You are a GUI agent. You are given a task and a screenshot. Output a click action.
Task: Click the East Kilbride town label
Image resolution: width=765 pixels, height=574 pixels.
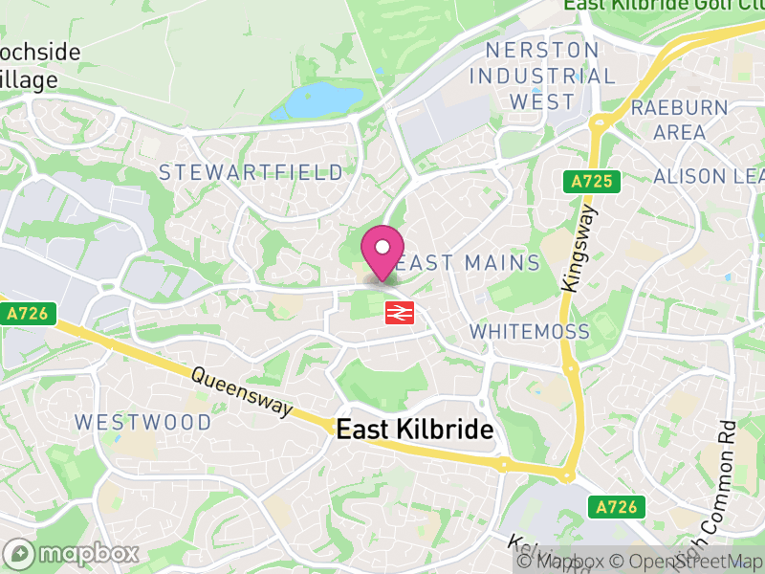[415, 430]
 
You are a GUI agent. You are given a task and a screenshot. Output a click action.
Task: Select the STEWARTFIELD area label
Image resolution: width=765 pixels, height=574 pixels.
[251, 173]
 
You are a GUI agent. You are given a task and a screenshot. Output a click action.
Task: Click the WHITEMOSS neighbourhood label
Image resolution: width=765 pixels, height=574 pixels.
[529, 331]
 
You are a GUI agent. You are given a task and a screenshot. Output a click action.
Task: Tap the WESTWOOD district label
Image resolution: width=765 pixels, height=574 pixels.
[143, 422]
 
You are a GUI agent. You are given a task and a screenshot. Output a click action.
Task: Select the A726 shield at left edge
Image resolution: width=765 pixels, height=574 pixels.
[30, 313]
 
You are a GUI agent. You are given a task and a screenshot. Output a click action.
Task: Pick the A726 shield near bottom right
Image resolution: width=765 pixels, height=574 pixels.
[617, 505]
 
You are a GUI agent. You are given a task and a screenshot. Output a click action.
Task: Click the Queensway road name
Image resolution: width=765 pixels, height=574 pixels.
[242, 392]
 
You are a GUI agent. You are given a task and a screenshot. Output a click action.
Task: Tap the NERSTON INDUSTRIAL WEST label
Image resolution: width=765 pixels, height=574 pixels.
[542, 76]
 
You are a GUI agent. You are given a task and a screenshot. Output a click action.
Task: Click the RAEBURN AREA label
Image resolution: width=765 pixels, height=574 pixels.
[679, 120]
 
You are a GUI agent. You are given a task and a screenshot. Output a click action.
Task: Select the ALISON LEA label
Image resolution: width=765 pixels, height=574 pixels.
[708, 177]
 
